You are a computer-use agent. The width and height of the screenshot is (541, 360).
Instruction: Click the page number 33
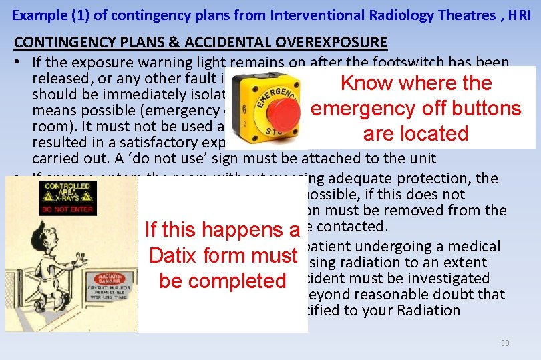coord(505,343)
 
